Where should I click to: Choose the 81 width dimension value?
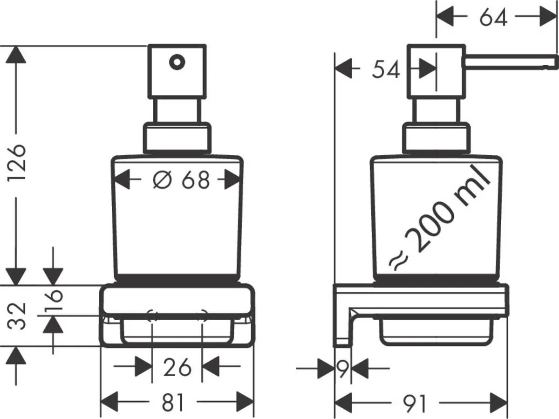tap(173, 403)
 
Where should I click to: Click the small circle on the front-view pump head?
tap(177, 61)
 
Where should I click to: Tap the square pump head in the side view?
tap(436, 71)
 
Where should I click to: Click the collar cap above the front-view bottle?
tap(177, 138)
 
